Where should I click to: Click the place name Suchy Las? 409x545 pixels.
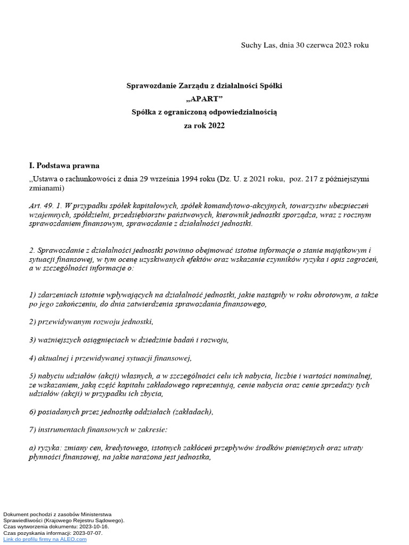258,45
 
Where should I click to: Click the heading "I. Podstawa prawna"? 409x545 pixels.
64,166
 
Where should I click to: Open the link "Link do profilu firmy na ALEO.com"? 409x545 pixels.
45,539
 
